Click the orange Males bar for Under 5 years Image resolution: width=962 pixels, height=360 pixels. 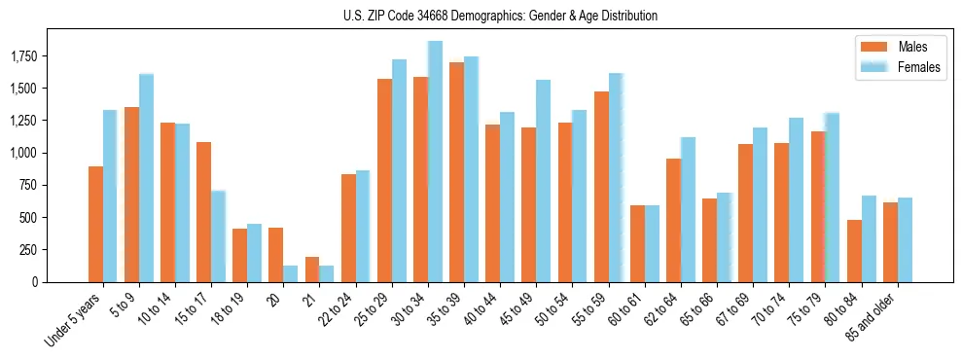tap(95, 224)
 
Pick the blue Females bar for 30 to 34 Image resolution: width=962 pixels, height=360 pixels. tap(435, 162)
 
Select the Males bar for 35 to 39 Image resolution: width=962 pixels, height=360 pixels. tap(456, 172)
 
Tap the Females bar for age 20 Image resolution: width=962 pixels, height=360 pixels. tap(290, 273)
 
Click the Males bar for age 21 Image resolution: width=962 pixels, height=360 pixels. tap(312, 270)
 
